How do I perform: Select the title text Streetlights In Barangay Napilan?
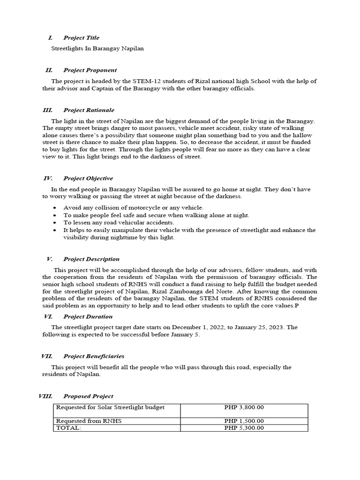pos(97,48)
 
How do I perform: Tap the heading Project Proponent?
pos(90,70)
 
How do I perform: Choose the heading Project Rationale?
pos(89,110)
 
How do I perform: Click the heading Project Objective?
pos(88,178)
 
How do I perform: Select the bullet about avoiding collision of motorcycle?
pos(133,208)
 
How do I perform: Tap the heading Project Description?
pos(91,259)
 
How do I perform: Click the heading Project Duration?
pos(88,316)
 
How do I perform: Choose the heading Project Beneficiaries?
pos(94,356)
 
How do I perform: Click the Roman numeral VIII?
pos(45,396)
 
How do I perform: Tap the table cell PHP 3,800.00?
pos(244,407)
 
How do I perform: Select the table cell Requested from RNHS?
pos(89,421)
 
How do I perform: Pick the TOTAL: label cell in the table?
pos(68,427)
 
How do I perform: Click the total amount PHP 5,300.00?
pos(244,427)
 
